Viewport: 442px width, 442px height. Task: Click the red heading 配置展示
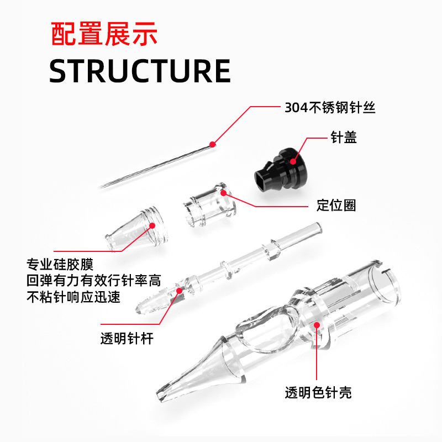point(104,34)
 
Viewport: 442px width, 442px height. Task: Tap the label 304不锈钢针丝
point(330,108)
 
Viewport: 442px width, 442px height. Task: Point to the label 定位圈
point(336,206)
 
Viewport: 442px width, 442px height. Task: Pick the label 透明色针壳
point(318,393)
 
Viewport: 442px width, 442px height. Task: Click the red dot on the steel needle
point(213,145)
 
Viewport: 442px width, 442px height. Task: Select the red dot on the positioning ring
point(224,193)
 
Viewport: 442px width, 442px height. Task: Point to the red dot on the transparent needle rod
point(178,290)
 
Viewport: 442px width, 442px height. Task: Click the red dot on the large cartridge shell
point(317,326)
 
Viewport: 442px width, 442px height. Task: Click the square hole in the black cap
point(265,179)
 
